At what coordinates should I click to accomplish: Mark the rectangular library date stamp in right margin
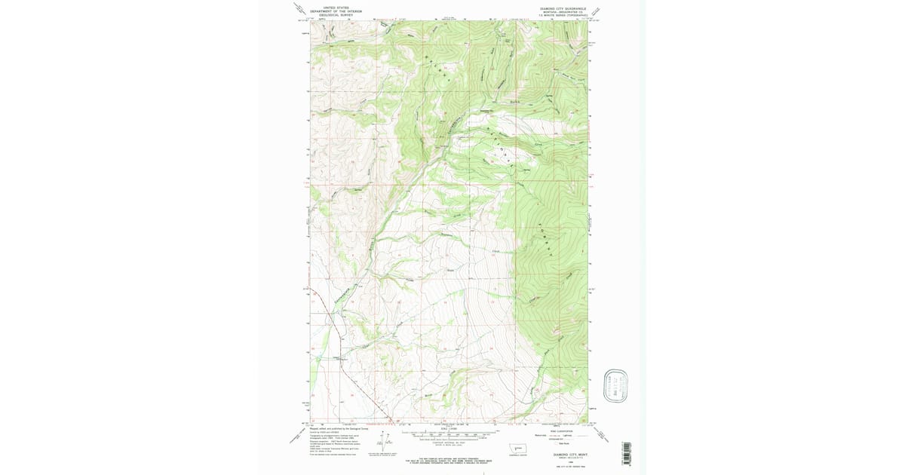(616, 385)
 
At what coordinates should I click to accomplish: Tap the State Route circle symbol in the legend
(556, 444)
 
